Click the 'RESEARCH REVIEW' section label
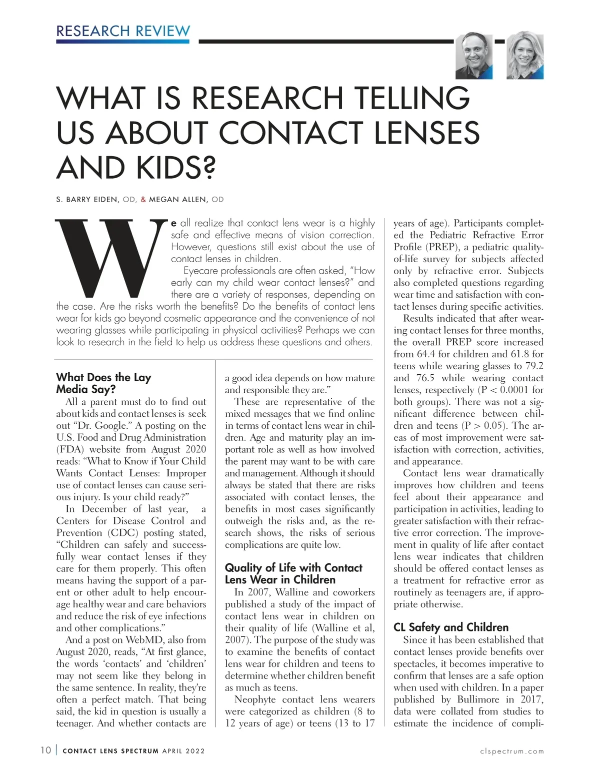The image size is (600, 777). click(x=123, y=31)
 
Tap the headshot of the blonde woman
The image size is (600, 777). click(x=525, y=56)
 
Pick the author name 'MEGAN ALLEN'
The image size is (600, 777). click(x=177, y=200)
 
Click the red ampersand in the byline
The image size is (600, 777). click(x=143, y=200)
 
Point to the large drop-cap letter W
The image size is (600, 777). click(x=110, y=258)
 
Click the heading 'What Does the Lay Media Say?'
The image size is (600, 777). click(x=103, y=383)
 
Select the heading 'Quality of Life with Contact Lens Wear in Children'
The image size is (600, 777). click(x=293, y=574)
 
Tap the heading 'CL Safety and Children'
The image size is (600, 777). click(x=450, y=627)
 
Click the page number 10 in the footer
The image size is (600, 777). click(x=45, y=751)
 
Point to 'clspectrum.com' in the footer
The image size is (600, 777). click(x=511, y=751)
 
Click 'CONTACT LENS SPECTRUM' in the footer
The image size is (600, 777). click(x=110, y=751)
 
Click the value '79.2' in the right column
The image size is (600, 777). click(x=533, y=366)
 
